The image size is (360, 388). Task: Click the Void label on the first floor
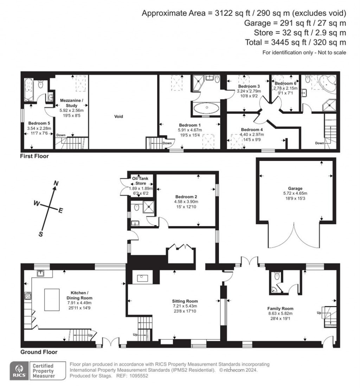(119, 116)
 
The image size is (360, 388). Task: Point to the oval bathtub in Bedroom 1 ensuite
(206, 108)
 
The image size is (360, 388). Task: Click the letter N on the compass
(55, 183)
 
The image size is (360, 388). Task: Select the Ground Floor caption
(39, 352)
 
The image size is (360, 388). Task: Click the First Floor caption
(34, 156)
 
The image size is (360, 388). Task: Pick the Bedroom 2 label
(186, 197)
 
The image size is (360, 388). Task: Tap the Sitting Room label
(185, 301)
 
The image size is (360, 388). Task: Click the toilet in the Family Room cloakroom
(278, 277)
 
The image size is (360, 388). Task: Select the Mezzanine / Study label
(71, 102)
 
